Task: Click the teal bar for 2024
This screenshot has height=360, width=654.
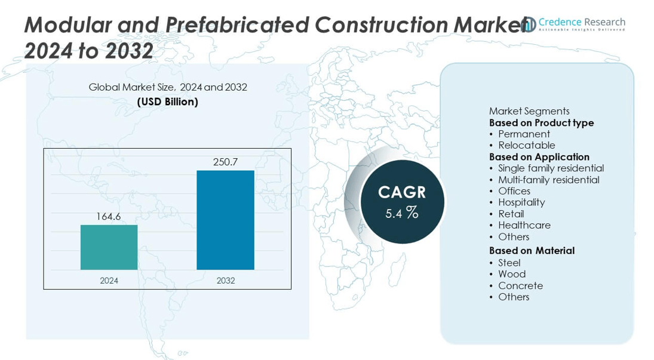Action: (x=109, y=247)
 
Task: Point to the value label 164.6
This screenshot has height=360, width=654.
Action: (x=109, y=217)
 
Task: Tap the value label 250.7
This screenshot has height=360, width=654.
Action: (x=225, y=162)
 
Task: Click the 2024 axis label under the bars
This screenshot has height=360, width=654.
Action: (x=109, y=281)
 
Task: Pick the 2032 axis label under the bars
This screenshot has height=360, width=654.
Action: (x=225, y=281)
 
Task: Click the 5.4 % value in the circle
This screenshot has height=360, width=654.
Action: (x=401, y=213)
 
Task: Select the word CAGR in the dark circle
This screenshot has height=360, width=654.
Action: (x=402, y=192)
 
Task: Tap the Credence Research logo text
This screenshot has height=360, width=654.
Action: (x=581, y=23)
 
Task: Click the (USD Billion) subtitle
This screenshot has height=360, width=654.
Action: (x=167, y=102)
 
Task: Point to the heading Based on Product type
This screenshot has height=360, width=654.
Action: (x=541, y=123)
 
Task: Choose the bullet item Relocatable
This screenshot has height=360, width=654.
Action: (x=526, y=146)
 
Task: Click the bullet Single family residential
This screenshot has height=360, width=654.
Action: (x=551, y=168)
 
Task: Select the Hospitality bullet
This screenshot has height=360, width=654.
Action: (x=521, y=202)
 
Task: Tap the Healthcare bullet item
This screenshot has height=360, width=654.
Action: (x=524, y=225)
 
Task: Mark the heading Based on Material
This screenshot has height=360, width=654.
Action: (x=532, y=251)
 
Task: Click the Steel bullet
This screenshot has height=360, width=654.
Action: (x=509, y=263)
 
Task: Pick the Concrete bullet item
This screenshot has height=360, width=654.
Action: (x=520, y=285)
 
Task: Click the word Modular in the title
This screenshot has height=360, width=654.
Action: (x=62, y=25)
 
